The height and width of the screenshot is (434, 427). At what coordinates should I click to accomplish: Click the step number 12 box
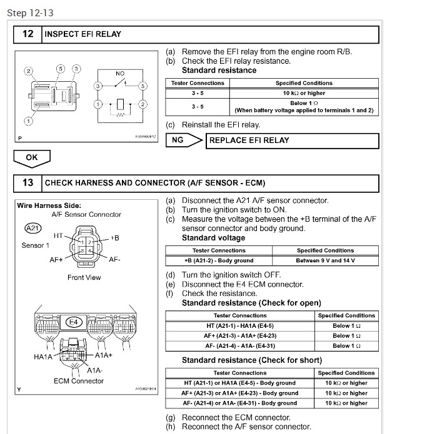[x=28, y=34]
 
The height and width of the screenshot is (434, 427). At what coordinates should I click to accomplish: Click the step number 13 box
[x=28, y=183]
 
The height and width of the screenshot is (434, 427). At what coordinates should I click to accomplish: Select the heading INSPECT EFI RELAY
[x=83, y=34]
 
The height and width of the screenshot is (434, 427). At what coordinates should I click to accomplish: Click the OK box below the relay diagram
[x=31, y=157]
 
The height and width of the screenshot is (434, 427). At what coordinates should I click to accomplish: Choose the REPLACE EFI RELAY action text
[x=249, y=140]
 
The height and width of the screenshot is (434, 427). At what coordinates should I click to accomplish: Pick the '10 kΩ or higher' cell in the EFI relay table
[x=304, y=93]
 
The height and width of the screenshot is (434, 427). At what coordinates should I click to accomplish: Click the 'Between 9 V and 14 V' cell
[x=325, y=260]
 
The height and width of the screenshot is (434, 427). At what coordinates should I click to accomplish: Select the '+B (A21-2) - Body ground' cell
[x=219, y=260]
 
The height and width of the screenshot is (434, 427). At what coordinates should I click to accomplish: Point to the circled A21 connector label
[x=32, y=229]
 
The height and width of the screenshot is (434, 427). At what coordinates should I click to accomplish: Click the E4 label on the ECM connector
[x=74, y=322]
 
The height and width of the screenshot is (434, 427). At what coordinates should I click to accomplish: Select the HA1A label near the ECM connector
[x=43, y=357]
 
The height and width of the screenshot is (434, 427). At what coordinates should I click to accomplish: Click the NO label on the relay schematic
[x=120, y=74]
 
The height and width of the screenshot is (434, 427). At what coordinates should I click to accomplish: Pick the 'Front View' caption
[x=84, y=277]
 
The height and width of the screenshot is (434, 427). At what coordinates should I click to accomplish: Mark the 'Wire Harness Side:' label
[x=49, y=205]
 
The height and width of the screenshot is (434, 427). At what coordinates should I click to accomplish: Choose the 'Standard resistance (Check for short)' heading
[x=252, y=360]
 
